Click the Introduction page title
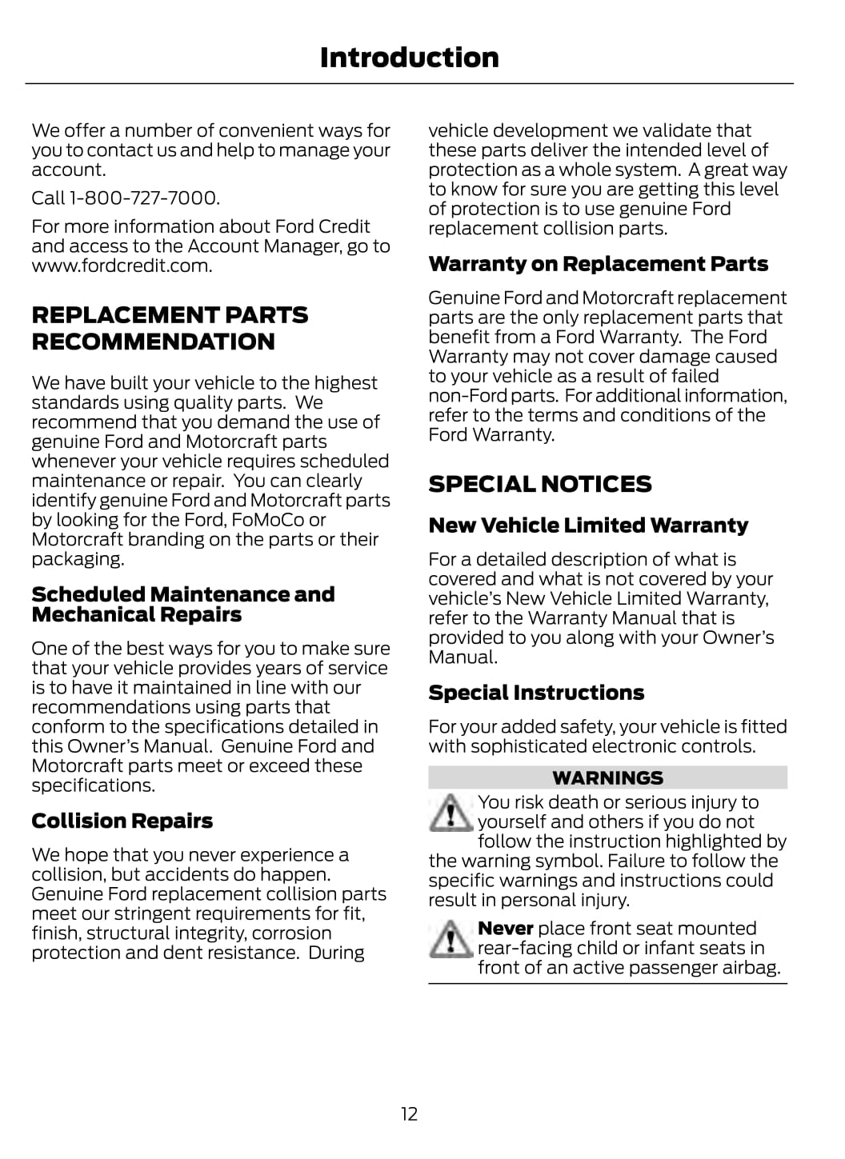409,58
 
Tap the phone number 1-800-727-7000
144,198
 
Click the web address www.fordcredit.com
122,266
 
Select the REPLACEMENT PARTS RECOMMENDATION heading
170,328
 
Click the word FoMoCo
268,520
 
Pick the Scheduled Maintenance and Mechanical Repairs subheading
182,605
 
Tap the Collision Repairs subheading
122,821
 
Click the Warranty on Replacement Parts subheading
598,264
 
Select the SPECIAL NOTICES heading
539,484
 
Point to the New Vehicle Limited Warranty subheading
588,526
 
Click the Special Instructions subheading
536,693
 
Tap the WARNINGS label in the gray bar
607,777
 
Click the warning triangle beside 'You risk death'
451,813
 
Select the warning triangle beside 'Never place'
451,939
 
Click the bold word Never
505,929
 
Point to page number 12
409,1114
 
